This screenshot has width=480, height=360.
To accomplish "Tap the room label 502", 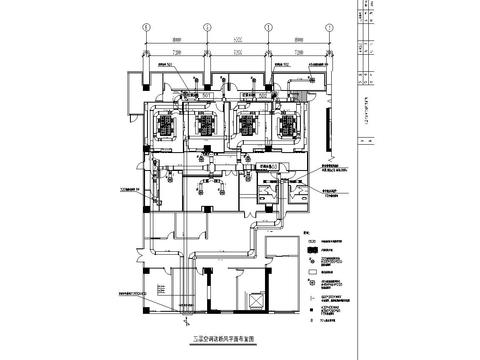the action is [x=269, y=95].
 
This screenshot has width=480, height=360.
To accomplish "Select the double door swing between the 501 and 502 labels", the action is [x=238, y=99].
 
